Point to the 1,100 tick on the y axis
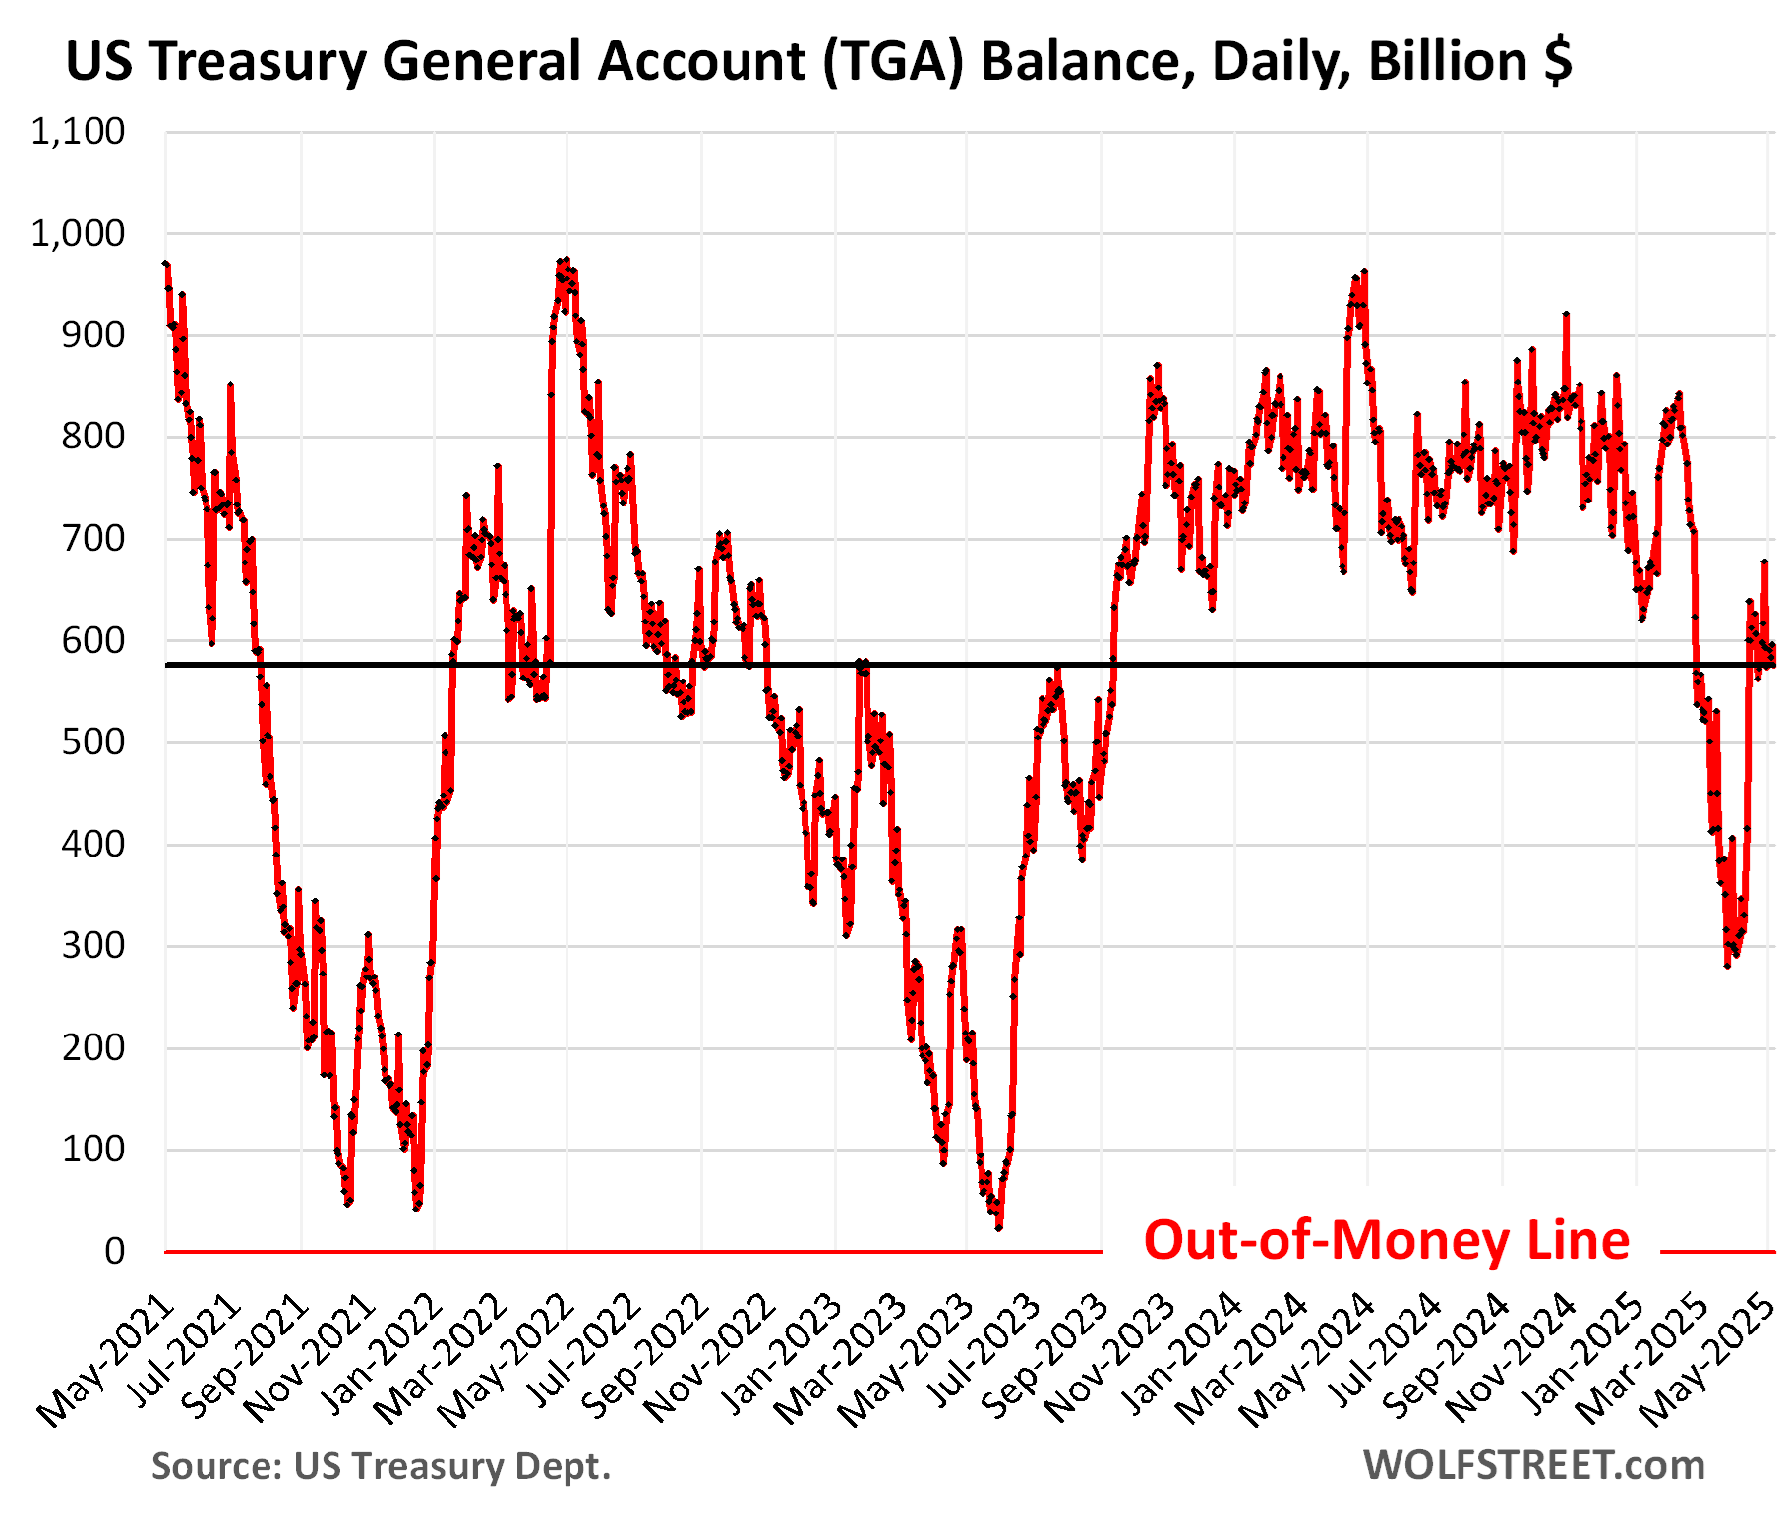[x=79, y=132]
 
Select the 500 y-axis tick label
[x=94, y=741]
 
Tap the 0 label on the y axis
[x=114, y=1251]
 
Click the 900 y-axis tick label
[x=94, y=335]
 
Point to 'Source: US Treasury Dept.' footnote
[x=381, y=1466]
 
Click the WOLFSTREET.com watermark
[x=1533, y=1465]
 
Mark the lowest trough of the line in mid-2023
[x=999, y=1227]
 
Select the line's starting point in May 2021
[x=166, y=264]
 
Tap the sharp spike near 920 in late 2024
[x=1566, y=315]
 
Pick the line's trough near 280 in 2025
[x=1727, y=966]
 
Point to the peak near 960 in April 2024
[x=1365, y=273]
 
